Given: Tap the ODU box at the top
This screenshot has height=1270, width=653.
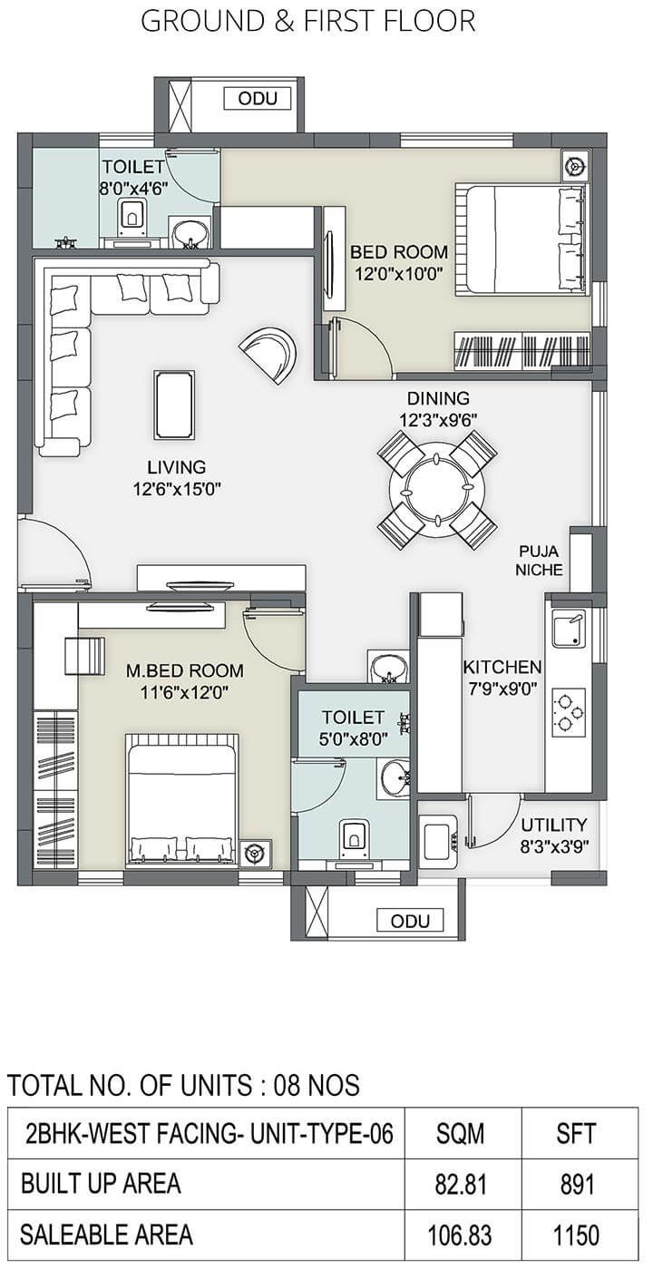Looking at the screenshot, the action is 258,99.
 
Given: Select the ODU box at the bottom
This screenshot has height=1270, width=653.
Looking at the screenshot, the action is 410,921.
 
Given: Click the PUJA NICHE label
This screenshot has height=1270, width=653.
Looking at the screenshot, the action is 539,561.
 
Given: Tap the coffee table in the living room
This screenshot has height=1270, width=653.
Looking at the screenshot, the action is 174,405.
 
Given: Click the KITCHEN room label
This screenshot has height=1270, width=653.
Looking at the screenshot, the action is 502,668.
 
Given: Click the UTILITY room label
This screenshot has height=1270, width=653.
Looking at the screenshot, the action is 554,825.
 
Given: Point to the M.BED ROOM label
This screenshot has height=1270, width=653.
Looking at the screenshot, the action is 184,670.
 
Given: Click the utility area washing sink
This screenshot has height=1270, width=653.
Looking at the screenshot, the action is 437,840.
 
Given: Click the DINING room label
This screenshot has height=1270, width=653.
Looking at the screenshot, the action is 438,398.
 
